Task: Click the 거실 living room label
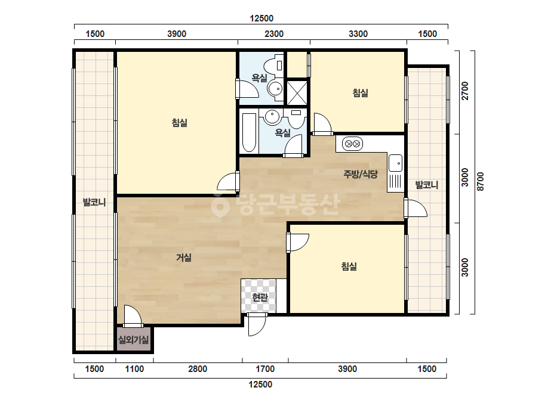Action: (184, 258)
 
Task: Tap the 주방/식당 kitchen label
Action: (361, 173)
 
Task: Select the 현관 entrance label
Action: (260, 297)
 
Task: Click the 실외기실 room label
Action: (134, 339)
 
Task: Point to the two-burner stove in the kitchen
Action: (352, 144)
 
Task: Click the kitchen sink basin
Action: (395, 163)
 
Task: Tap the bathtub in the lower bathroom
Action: (249, 133)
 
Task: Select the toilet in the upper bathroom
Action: (273, 66)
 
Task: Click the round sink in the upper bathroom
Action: (275, 88)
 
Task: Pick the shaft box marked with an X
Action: (297, 92)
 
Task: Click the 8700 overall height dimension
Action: (481, 181)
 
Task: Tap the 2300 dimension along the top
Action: (274, 34)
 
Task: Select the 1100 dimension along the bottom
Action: (134, 369)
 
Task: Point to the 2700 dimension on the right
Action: (465, 91)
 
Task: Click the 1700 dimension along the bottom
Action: (265, 369)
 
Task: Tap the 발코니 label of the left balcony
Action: (94, 202)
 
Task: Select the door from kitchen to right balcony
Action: (415, 208)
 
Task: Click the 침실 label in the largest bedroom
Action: (179, 123)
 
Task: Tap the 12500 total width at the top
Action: (261, 18)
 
